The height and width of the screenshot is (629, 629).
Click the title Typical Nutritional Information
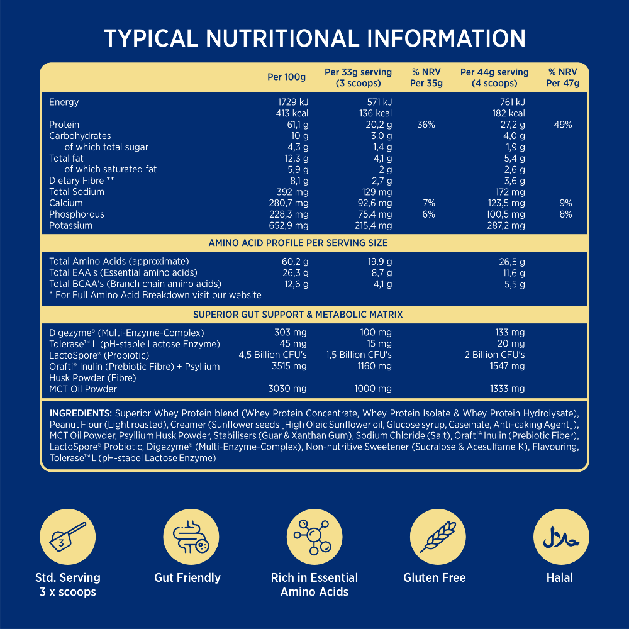[x=314, y=38]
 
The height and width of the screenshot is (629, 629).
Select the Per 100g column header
[x=286, y=77]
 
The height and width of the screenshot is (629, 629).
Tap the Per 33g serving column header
[x=358, y=77]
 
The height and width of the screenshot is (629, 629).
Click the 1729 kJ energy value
[x=293, y=102]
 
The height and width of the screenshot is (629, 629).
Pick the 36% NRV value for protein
[x=426, y=125]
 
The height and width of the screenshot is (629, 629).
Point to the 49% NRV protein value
[x=562, y=125]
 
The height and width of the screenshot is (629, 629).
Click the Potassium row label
[x=70, y=225]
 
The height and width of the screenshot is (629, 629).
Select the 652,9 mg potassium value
[x=289, y=225]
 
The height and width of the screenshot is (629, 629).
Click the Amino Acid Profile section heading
[x=298, y=243]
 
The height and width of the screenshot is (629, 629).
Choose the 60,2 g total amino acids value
[x=295, y=261]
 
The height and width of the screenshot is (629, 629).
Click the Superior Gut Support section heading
[x=298, y=314]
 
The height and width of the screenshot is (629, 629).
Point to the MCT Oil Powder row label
[x=83, y=389]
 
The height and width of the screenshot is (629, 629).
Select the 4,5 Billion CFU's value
[x=272, y=355]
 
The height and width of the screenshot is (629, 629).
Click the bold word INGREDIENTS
[x=81, y=413]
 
